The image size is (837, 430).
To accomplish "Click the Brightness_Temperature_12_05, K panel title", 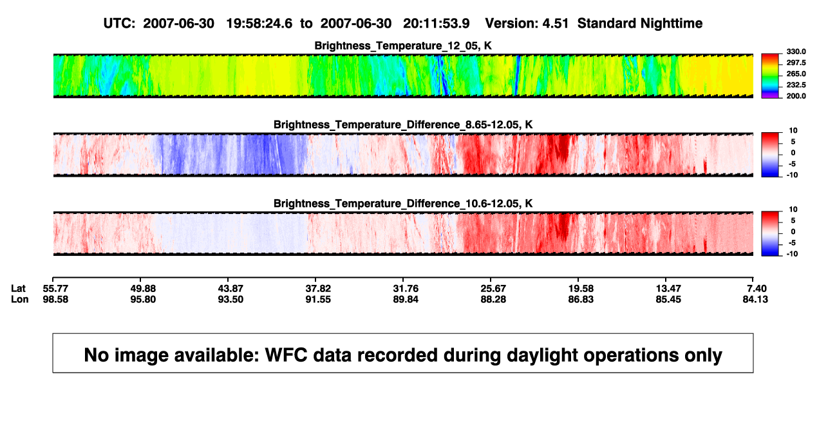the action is pos(403,46).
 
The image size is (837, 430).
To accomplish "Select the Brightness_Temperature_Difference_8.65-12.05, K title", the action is pos(403,124).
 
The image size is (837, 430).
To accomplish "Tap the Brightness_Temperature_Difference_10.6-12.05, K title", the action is pos(403,204).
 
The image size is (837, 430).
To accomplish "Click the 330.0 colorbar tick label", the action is pos(796,52).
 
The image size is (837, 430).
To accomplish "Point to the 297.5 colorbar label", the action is pos(796,63).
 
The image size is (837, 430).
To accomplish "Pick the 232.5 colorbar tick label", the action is pos(796,85).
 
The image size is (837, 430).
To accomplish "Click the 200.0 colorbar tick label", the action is pos(796,96).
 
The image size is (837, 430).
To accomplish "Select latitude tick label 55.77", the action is pos(55,289).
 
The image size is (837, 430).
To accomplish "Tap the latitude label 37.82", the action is pos(318,289).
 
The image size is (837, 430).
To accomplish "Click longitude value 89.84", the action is pos(406,300).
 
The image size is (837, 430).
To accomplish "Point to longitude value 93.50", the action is pos(230,300).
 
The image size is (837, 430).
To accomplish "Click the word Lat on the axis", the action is pos(18,289).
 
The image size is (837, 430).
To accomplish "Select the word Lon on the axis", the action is pos(19,300).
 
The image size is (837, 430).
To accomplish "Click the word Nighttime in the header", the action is pos(671,23).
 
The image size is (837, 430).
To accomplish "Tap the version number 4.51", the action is pos(555,23).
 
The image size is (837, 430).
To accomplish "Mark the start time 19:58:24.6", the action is pos(259,23).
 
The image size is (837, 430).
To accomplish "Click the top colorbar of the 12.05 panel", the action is pos(770,76).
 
